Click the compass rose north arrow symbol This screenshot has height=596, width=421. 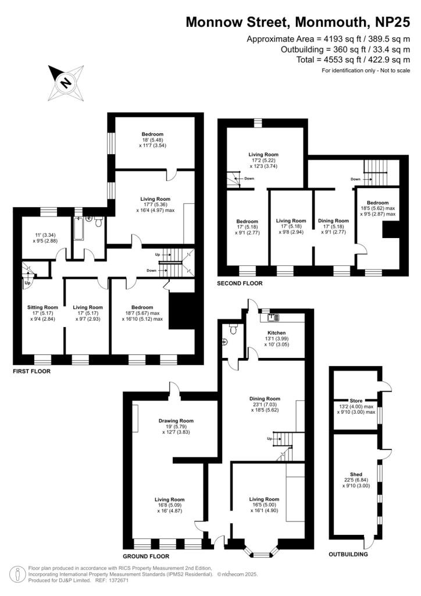pos(66,83)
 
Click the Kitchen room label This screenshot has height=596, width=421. pos(276,332)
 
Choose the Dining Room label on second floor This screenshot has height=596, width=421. pos(333,221)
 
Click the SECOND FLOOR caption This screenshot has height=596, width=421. pos(239,283)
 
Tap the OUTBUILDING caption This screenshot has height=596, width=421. pos(348,555)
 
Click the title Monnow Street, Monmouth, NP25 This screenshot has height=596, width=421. pos(298,23)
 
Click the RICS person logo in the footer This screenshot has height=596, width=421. pos(18,574)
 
